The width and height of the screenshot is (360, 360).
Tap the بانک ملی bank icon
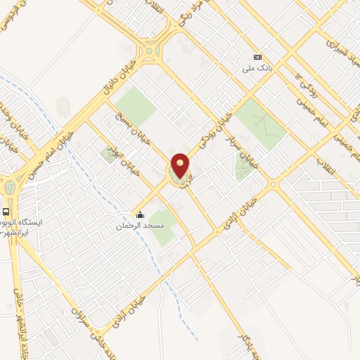[257, 57]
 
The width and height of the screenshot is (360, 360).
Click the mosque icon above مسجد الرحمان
[140, 215]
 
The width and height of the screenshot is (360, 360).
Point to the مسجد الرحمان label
[140, 226]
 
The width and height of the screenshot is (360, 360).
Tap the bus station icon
[6, 212]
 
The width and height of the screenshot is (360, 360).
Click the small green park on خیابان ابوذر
[110, 154]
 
